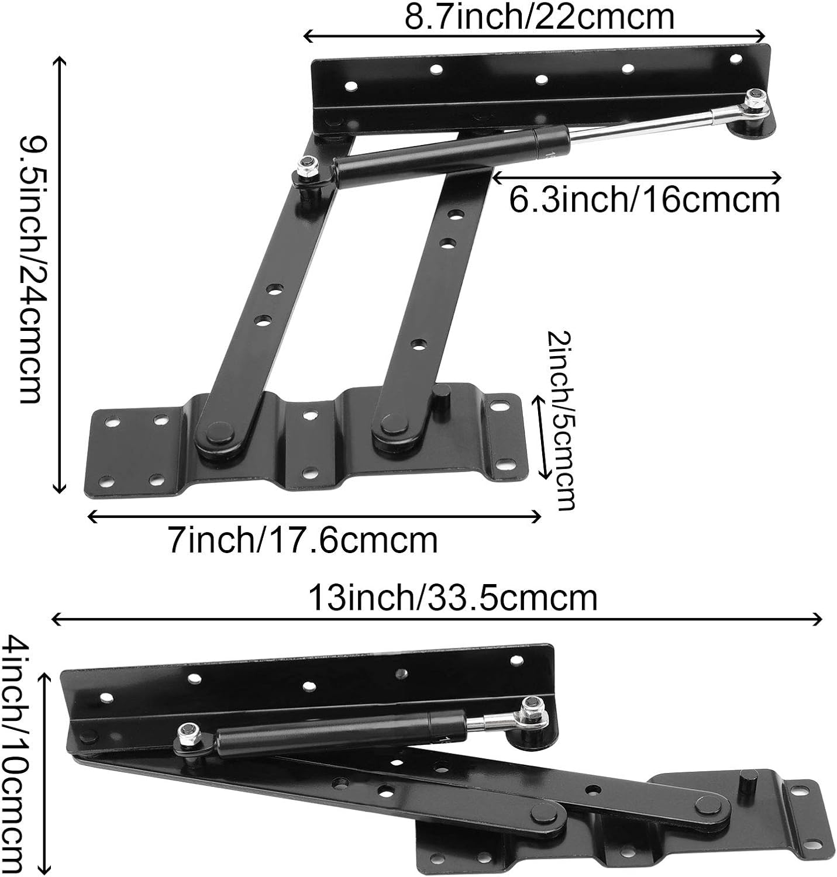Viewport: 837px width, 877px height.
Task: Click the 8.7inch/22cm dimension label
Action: pos(539,18)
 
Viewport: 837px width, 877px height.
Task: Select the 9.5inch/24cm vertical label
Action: pos(29,270)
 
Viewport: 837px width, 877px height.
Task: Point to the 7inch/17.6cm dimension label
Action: pos(303,540)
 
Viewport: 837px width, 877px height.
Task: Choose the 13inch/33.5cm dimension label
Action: pos(453,598)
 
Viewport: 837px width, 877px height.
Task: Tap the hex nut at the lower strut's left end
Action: pos(188,731)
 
